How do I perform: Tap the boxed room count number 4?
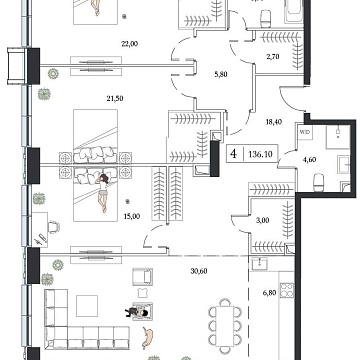[233, 155]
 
